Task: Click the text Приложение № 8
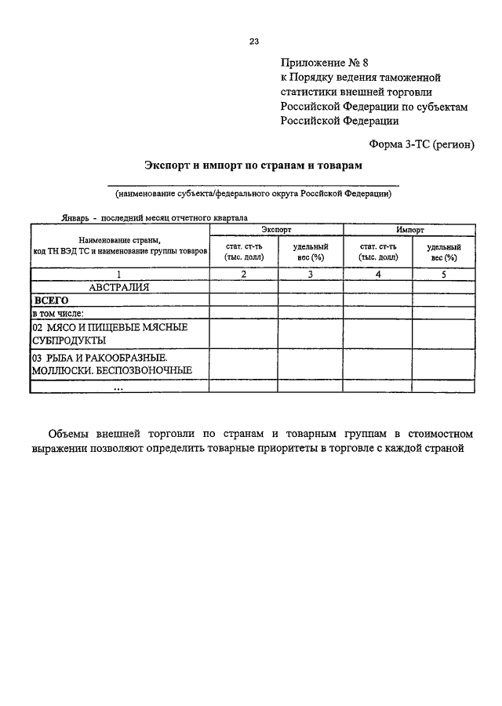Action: click(x=322, y=63)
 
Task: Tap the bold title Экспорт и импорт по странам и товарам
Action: click(x=253, y=166)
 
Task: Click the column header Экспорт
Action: click(x=276, y=231)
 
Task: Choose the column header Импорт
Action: click(x=410, y=231)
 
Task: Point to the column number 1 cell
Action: click(x=119, y=275)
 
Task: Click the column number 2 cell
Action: click(x=244, y=275)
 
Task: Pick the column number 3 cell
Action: click(x=311, y=275)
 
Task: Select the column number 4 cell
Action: click(x=378, y=275)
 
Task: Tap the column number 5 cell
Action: click(x=443, y=275)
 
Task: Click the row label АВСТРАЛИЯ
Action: click(x=119, y=287)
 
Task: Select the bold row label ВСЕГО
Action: click(x=51, y=300)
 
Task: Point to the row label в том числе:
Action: click(x=64, y=312)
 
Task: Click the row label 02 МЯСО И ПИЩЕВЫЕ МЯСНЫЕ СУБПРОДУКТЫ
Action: click(x=109, y=333)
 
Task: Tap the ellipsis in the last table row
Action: click(x=118, y=387)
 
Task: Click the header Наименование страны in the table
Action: click(x=119, y=240)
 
